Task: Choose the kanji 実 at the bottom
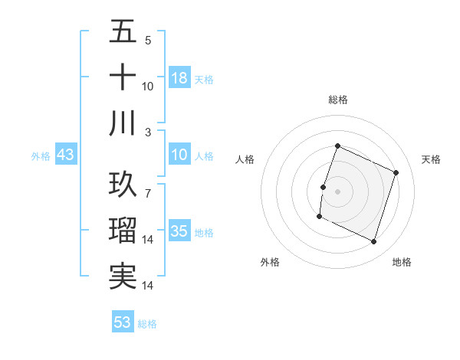(123, 276)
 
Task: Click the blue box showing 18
(179, 78)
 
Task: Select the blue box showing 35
(179, 232)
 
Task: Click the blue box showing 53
(122, 322)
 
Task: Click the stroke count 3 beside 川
(147, 132)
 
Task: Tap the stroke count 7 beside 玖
(147, 185)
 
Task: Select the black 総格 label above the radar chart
(337, 100)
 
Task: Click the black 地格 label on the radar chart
(402, 262)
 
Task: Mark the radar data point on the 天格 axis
(396, 173)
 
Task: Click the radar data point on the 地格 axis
(374, 242)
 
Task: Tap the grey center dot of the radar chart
(337, 191)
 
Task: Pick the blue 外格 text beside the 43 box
(41, 156)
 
